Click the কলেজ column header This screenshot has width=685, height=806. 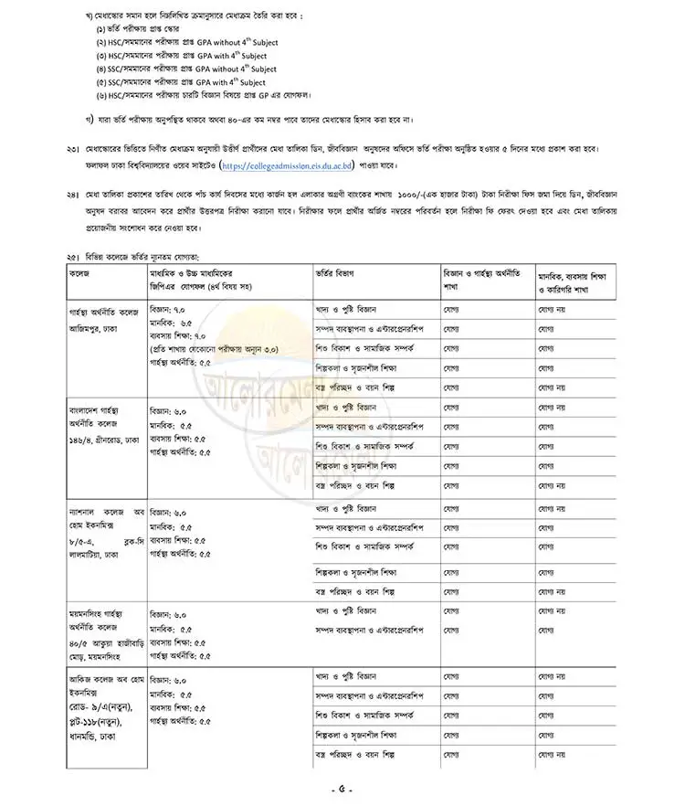(x=80, y=273)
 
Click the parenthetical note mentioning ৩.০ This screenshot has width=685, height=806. (x=215, y=349)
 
